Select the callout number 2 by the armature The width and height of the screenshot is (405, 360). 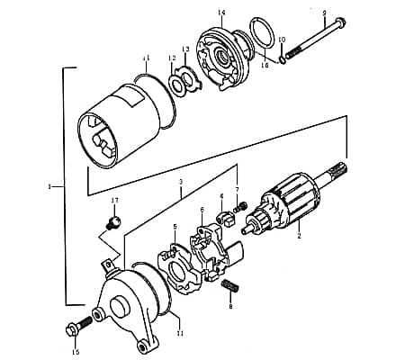coord(299,236)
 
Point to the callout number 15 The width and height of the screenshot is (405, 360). coord(76,351)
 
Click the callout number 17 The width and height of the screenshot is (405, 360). coord(114,200)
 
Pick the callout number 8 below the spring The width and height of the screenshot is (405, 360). coord(230,306)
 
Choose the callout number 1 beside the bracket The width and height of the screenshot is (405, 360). coord(49,187)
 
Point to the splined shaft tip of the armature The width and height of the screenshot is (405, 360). coord(337,170)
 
